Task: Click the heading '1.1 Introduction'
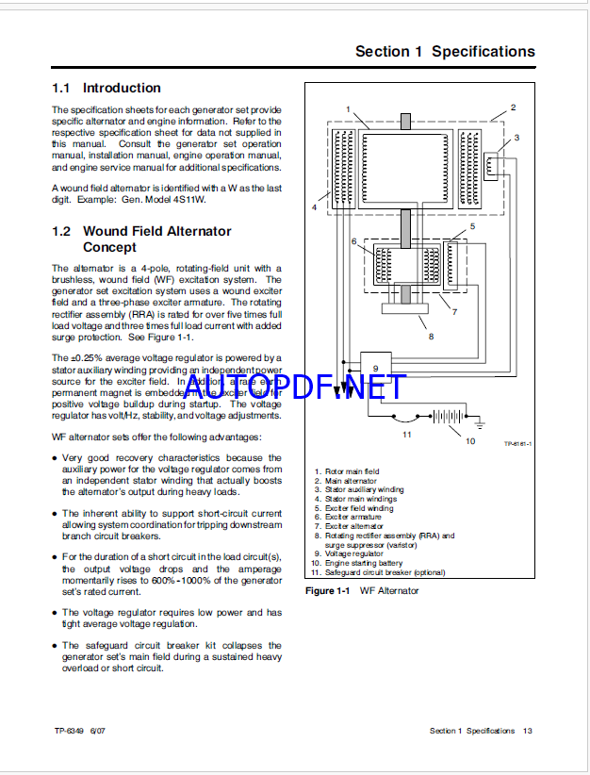(107, 88)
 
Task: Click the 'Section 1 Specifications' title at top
(444, 52)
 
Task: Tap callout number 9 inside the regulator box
(374, 369)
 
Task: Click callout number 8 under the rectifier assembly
(431, 335)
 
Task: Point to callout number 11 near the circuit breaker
(406, 434)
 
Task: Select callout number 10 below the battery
(470, 441)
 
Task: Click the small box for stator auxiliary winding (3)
(491, 168)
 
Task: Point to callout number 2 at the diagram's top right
(512, 107)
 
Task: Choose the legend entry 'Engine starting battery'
(363, 563)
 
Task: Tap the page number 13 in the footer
(529, 731)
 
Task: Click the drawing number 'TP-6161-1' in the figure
(517, 443)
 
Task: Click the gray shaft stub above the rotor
(405, 123)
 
